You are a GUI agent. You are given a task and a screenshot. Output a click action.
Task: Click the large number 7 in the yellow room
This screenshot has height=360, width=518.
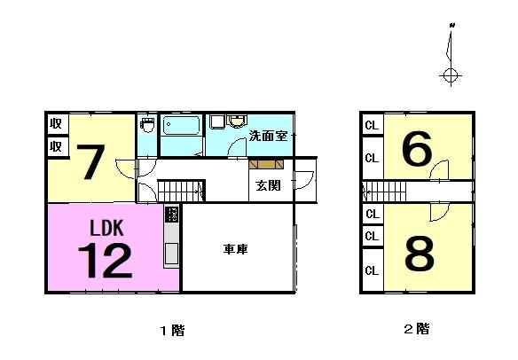tap(90, 162)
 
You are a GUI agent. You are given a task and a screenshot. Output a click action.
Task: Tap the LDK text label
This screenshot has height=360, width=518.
tap(106, 228)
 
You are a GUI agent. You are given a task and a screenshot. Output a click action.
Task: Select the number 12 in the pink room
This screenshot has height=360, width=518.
tap(105, 261)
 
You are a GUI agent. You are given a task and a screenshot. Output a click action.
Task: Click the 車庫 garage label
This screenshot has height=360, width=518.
tap(236, 249)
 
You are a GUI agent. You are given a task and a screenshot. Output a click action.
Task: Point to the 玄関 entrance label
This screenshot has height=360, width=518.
tap(268, 185)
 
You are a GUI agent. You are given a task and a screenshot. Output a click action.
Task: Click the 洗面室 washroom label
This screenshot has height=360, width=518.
tap(268, 136)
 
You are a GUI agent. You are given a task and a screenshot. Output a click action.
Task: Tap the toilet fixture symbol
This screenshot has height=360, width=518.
tap(147, 124)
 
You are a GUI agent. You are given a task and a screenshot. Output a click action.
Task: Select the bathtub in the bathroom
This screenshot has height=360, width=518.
tap(181, 126)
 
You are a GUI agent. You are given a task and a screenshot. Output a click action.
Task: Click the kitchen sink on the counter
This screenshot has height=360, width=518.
tap(172, 253)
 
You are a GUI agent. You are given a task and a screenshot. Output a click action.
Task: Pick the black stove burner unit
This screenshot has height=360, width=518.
tap(172, 215)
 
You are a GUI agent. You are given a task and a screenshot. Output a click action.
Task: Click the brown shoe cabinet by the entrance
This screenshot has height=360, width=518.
tap(266, 164)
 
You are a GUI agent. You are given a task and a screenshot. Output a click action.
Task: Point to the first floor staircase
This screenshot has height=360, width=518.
tap(181, 191)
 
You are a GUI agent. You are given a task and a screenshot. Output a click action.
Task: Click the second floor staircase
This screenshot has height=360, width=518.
tap(384, 191)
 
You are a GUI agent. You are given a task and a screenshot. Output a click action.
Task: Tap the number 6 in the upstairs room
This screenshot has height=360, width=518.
tap(417, 149)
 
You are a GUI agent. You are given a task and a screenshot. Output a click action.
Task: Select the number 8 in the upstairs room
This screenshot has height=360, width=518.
tap(420, 254)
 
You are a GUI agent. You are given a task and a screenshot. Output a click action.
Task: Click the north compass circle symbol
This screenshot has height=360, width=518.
tap(451, 75)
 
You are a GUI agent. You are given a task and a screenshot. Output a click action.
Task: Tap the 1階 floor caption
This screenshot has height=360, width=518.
tap(172, 330)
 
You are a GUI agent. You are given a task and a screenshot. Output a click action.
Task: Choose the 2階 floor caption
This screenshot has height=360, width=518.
tap(417, 329)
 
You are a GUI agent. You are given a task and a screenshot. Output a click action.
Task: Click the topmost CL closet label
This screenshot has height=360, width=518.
tap(372, 126)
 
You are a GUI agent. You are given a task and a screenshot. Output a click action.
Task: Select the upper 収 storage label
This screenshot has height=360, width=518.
tap(56, 124)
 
